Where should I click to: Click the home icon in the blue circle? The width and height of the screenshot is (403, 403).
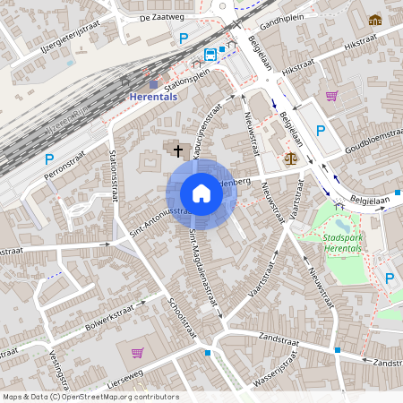pyautogui.click(x=201, y=193)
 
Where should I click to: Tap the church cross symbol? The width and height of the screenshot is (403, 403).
pyautogui.click(x=178, y=151)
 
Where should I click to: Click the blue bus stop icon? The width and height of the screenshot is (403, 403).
pyautogui.click(x=210, y=54)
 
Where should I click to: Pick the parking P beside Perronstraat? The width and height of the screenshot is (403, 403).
pyautogui.click(x=48, y=160)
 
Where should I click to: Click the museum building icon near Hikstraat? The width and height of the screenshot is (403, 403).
pyautogui.click(x=374, y=20)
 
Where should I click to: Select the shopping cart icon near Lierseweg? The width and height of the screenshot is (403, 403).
pyautogui.click(x=137, y=352)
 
